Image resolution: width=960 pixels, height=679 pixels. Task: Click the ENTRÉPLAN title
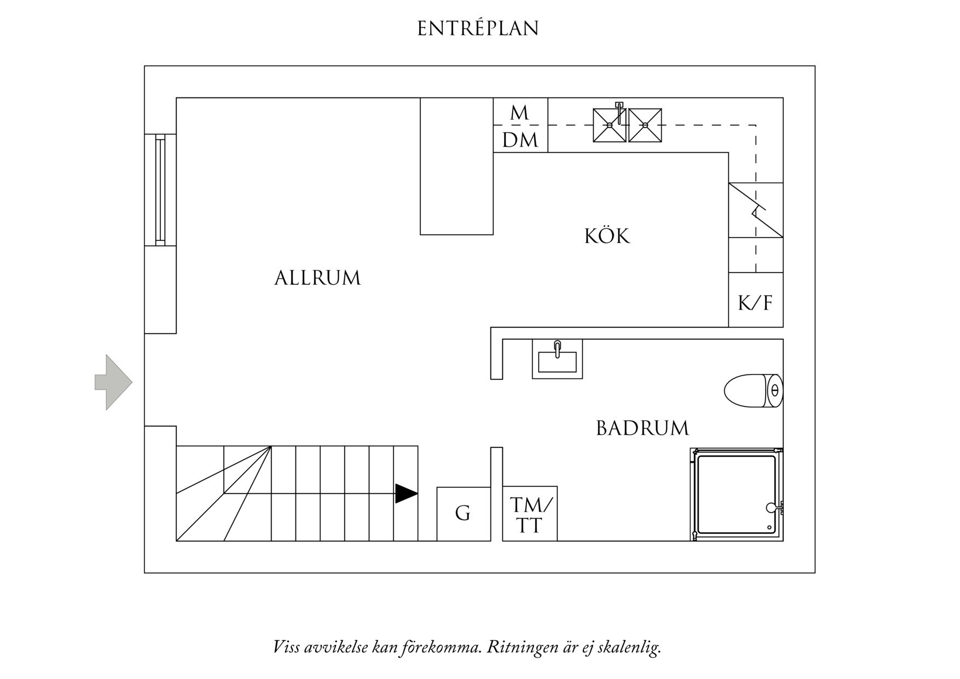(x=478, y=28)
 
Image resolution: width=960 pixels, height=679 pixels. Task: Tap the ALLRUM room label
(x=317, y=278)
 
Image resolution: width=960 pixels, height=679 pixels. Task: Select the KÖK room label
(x=607, y=237)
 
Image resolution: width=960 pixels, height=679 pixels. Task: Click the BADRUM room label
(x=642, y=428)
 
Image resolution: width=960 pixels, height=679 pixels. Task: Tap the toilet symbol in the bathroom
(x=753, y=391)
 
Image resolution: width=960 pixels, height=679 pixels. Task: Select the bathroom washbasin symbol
(x=557, y=360)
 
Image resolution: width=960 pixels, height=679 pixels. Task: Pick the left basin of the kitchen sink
(x=609, y=125)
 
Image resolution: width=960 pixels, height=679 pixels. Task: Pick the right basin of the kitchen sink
(x=645, y=125)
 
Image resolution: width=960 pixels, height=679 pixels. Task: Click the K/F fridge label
(x=755, y=303)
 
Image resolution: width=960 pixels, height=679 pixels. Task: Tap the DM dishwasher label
(x=520, y=141)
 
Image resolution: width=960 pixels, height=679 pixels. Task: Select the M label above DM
(x=519, y=113)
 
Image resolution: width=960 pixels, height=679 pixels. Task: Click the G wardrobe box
(x=463, y=514)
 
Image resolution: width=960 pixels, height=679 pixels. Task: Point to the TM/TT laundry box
(x=530, y=515)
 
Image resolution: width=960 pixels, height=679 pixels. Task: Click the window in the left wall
(x=160, y=189)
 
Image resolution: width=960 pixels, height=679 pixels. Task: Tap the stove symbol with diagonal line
(x=755, y=210)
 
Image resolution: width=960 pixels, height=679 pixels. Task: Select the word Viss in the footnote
(x=286, y=647)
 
